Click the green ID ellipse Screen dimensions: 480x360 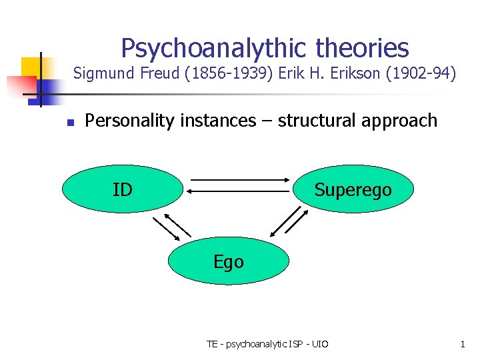click(x=123, y=190)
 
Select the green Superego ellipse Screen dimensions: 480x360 click(x=353, y=190)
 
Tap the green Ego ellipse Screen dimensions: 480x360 click(x=229, y=262)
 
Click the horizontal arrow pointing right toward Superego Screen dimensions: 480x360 click(x=239, y=180)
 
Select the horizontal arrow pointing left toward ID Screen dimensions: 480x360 click(x=239, y=191)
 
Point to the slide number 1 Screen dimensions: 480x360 click(x=462, y=344)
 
